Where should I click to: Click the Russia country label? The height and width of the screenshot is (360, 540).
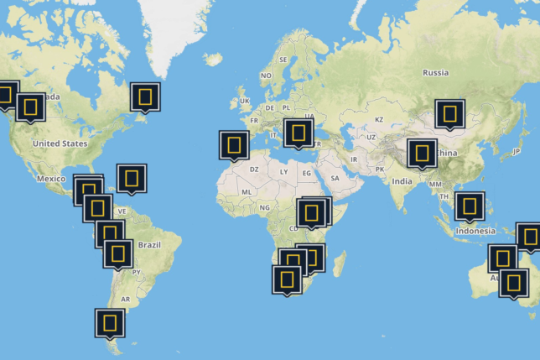coord(435,72)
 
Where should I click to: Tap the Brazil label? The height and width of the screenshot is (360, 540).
coord(148,244)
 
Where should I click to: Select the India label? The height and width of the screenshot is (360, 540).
coord(402,180)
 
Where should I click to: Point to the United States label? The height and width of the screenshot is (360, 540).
coord(60,143)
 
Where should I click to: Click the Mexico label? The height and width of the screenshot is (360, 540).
coord(51,179)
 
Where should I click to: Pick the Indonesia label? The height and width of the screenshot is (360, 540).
coord(475,231)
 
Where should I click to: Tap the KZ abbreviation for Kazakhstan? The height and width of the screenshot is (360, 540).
coord(378,119)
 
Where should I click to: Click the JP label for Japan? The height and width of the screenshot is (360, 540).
coord(516,151)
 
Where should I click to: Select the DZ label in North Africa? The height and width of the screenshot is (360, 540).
coord(254,168)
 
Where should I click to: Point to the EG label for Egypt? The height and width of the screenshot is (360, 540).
coord(307,173)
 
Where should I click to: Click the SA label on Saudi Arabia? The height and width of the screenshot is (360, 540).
coord(335,178)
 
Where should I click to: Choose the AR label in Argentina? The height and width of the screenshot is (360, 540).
coord(125,299)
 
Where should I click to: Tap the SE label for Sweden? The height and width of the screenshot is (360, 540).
coord(283,60)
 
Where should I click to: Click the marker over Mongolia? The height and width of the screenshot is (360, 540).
coord(450,113)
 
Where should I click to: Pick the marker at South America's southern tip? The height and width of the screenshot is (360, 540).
coord(110,321)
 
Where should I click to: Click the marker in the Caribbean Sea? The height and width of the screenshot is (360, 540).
coord(132,178)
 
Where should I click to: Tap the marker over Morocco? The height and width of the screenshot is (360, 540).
coord(234,144)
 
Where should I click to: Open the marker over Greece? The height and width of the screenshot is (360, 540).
coord(299,132)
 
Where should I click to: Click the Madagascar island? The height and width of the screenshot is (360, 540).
coord(340,263)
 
